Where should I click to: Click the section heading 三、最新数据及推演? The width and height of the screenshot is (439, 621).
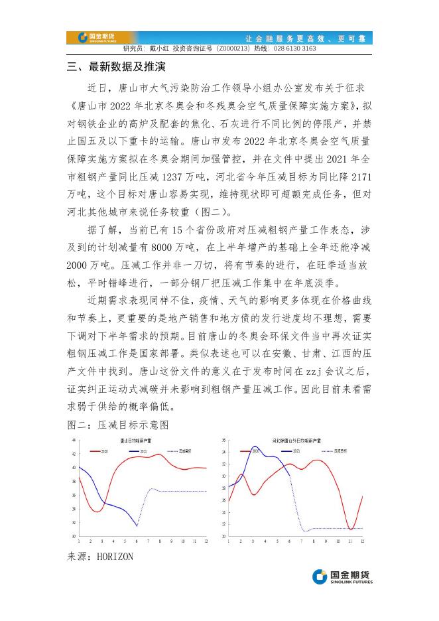tap(116, 68)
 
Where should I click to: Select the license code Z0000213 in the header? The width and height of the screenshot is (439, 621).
tap(235, 48)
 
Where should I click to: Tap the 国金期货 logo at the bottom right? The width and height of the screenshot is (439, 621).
tap(342, 577)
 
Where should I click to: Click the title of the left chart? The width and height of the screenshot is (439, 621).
tap(136, 440)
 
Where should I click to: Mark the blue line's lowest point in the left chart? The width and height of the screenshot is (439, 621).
tap(137, 526)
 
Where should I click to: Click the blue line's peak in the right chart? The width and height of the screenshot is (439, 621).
tap(255, 447)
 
